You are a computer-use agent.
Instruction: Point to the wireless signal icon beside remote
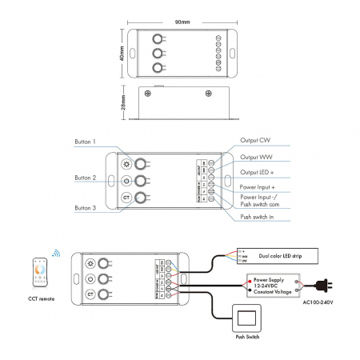click(x=55, y=254)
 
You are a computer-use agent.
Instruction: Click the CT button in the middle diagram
click(x=126, y=198)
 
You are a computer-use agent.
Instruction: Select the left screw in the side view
click(x=146, y=93)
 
